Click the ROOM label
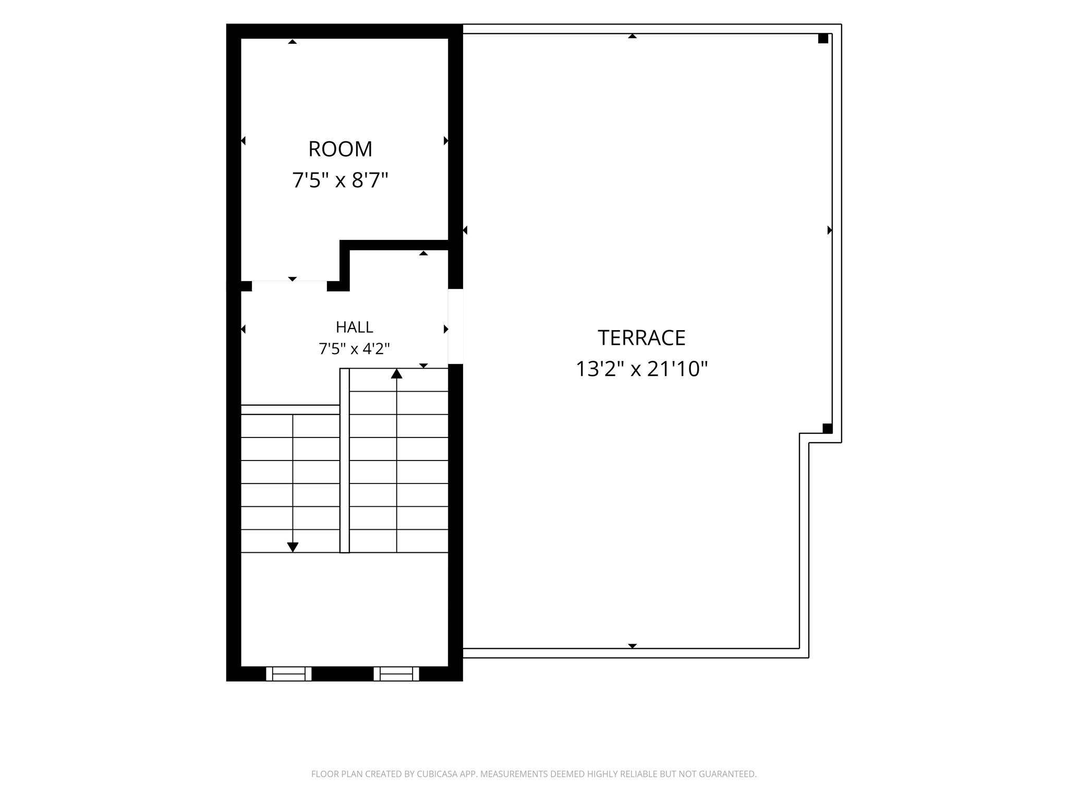(340, 149)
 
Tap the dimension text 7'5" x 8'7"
(340, 180)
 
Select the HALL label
(355, 327)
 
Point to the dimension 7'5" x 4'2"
(355, 348)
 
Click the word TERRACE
(641, 338)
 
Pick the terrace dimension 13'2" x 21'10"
(641, 369)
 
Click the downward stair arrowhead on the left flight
(293, 547)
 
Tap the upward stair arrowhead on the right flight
(397, 373)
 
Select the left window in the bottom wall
(289, 674)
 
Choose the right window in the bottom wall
(396, 674)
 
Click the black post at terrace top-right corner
(823, 38)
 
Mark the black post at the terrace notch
(827, 429)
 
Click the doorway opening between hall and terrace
(456, 326)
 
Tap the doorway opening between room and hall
(289, 286)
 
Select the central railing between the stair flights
(345, 460)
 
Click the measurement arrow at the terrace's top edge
(632, 36)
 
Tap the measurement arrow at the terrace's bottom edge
(632, 646)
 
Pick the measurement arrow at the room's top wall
(293, 41)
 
